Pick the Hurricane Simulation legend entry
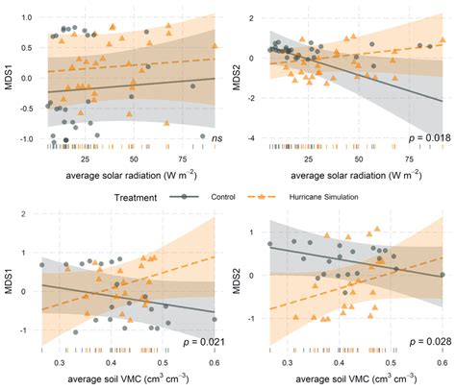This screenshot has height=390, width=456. tap(320, 195)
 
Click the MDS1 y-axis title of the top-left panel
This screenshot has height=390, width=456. tap(9, 74)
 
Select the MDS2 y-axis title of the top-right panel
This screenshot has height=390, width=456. tap(239, 74)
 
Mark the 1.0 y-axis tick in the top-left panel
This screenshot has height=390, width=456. tap(26, 17)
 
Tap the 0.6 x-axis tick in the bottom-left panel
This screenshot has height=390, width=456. tap(214, 363)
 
